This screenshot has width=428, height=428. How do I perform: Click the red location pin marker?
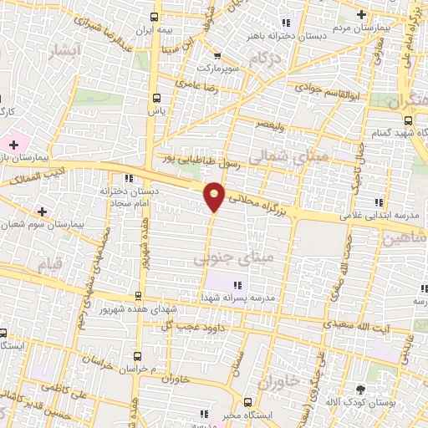215,195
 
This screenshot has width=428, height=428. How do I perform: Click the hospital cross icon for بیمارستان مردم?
361,14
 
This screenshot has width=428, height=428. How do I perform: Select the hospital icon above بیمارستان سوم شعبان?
41,210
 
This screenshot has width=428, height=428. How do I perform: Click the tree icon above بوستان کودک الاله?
360,389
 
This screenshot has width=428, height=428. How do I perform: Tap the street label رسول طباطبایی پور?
202,155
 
